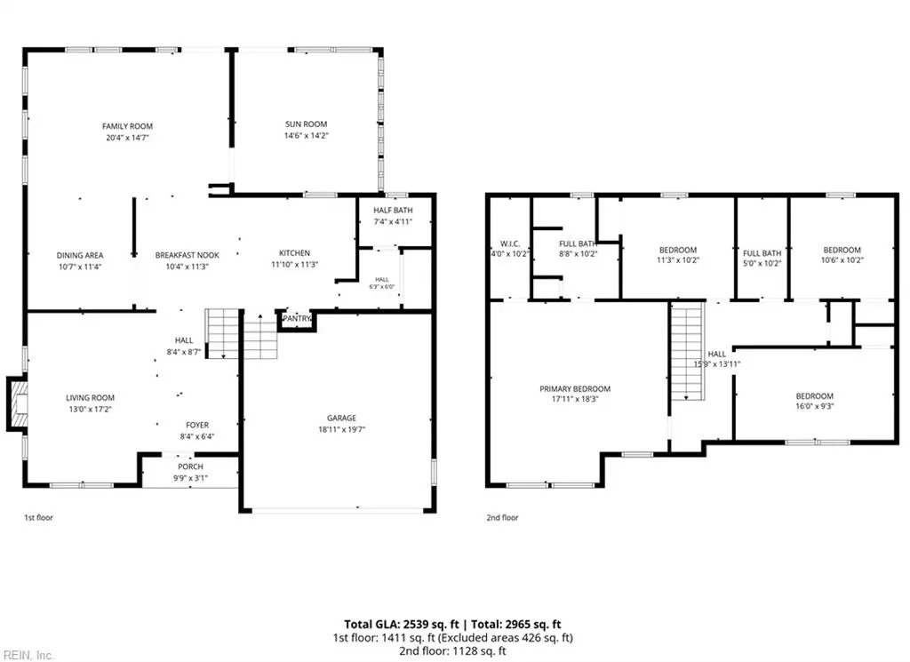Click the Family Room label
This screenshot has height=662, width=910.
click(x=127, y=126)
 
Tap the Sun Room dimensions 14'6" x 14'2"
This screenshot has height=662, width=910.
click(x=306, y=136)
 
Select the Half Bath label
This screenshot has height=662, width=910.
click(x=393, y=210)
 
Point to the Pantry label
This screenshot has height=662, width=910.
click(x=297, y=318)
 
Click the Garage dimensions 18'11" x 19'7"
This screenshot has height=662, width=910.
click(x=341, y=430)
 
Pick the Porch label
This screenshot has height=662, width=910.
click(x=190, y=467)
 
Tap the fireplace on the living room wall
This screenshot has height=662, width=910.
click(x=17, y=404)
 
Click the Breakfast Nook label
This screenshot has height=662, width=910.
click(x=187, y=255)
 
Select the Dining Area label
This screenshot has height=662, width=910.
click(x=80, y=255)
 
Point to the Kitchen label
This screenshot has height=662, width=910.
click(x=294, y=253)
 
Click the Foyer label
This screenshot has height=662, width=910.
click(x=197, y=426)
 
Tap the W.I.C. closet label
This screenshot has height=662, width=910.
click(x=509, y=243)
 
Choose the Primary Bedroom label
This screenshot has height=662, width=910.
click(x=575, y=388)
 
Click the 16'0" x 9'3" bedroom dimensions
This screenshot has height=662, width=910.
click(x=814, y=407)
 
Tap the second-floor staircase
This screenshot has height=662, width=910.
click(x=688, y=352)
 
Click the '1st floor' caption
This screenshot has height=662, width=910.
click(x=38, y=517)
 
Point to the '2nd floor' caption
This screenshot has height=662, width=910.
click(x=502, y=517)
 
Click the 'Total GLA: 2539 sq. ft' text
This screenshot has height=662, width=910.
click(x=402, y=625)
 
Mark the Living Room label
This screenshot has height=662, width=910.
click(x=90, y=398)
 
